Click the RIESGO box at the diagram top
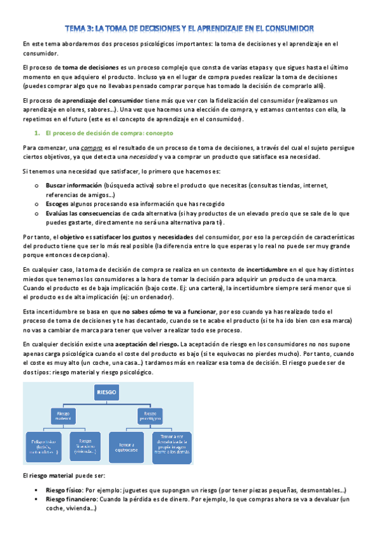point(107,392)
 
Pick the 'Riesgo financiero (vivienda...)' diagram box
point(89,446)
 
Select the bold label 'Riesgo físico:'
point(64,491)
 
